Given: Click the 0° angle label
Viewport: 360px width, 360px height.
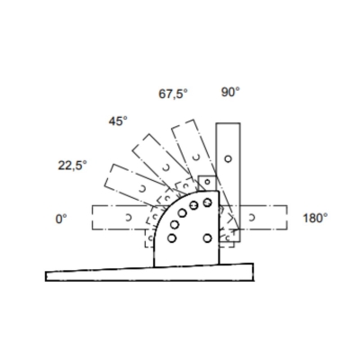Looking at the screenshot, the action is (61, 219).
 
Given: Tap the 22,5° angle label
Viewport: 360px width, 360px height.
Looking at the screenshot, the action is (72, 166).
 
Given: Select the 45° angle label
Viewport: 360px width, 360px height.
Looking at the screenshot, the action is (118, 121).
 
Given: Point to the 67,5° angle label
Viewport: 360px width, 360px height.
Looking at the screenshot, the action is (173, 94).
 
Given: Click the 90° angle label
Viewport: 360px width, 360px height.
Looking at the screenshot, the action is (230, 92).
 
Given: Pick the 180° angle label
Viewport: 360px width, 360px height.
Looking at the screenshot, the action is (315, 218).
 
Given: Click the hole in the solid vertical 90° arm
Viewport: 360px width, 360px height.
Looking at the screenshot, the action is (228, 158).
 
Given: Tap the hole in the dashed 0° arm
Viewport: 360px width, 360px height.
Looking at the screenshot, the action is (129, 217).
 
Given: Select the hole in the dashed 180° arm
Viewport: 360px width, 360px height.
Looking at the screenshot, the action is (252, 218).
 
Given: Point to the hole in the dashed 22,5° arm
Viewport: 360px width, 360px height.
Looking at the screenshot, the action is (142, 189).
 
